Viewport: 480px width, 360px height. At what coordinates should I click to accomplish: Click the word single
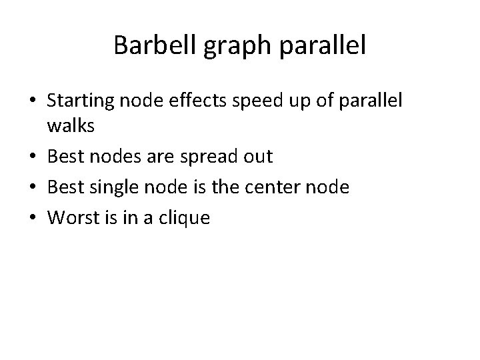pos(102,188)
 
